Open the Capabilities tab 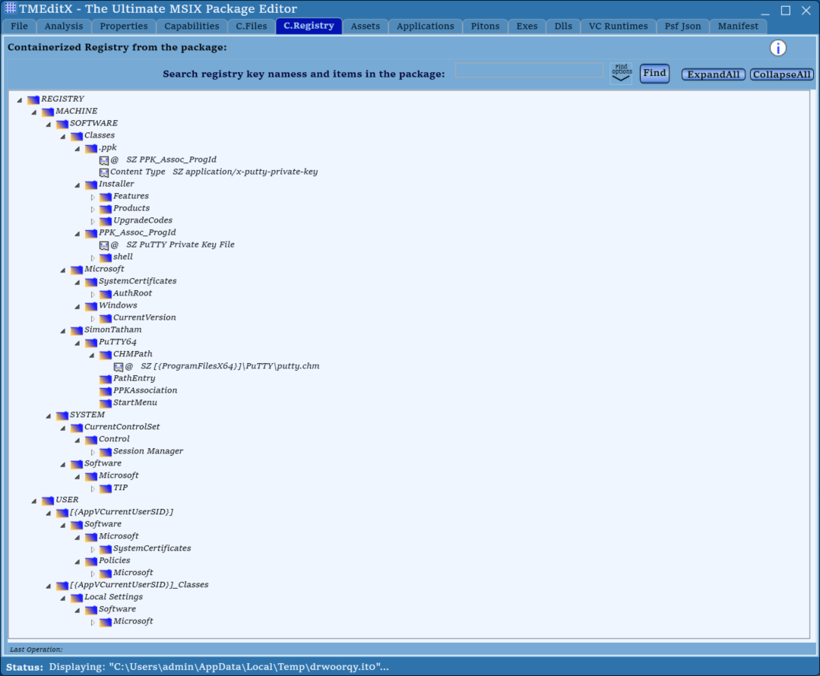pyautogui.click(x=192, y=26)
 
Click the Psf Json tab pyautogui.click(x=682, y=26)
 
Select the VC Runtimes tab pyautogui.click(x=618, y=26)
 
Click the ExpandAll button pyautogui.click(x=714, y=74)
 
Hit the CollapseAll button pyautogui.click(x=782, y=74)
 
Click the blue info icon pyautogui.click(x=777, y=48)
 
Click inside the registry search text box pyautogui.click(x=529, y=71)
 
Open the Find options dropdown pyautogui.click(x=622, y=73)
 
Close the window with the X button pyautogui.click(x=806, y=11)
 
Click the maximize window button pyautogui.click(x=786, y=11)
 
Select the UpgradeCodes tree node pyautogui.click(x=143, y=220)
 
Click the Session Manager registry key pyautogui.click(x=148, y=450)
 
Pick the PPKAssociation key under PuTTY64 pyautogui.click(x=145, y=390)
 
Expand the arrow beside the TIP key pyautogui.click(x=93, y=488)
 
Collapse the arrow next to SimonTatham pyautogui.click(x=63, y=330)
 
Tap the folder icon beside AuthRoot pyautogui.click(x=106, y=294)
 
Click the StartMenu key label pyautogui.click(x=135, y=402)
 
